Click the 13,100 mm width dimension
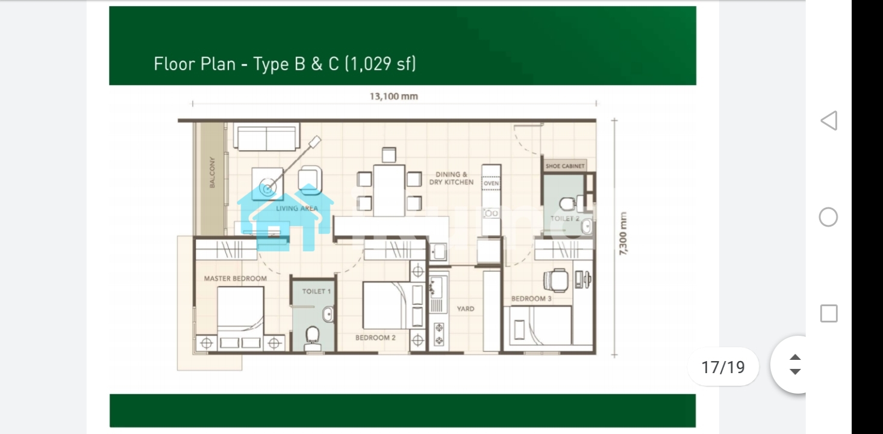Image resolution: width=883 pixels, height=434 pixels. (394, 96)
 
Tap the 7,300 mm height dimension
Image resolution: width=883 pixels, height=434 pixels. (622, 233)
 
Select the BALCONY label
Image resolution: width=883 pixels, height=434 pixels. (212, 172)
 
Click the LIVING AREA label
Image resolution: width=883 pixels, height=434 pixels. (297, 209)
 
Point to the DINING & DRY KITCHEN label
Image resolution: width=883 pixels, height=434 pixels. (451, 178)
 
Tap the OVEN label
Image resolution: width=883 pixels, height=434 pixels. (491, 183)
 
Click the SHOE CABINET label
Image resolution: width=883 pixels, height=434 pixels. (565, 166)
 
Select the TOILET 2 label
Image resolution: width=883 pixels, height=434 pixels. (565, 218)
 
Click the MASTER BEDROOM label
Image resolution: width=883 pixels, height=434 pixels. (236, 278)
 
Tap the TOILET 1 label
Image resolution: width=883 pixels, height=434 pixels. (316, 292)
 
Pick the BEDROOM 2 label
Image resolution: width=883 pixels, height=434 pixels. (375, 338)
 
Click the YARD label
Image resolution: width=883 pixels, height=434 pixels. (466, 309)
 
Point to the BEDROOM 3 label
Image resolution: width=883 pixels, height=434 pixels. (531, 298)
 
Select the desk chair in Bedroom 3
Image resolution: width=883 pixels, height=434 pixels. (556, 280)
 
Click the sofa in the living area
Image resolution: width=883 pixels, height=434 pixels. (266, 136)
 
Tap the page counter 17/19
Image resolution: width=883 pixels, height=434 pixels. (723, 367)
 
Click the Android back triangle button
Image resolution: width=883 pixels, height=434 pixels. (829, 121)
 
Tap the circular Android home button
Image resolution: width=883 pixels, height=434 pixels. (828, 217)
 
